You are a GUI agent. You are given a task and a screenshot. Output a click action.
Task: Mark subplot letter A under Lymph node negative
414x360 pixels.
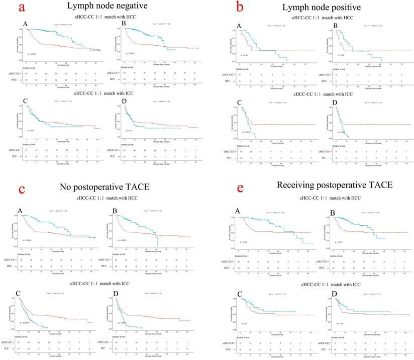click(x=25, y=24)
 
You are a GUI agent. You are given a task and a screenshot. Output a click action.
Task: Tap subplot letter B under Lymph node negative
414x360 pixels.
click(x=124, y=24)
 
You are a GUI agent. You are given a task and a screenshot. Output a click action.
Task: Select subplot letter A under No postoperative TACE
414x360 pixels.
click(x=23, y=207)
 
